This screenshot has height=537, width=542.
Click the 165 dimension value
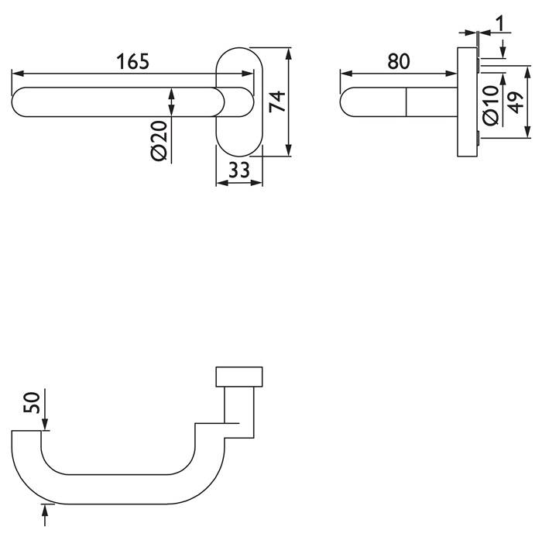click(132, 60)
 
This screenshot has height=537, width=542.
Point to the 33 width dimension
click(239, 170)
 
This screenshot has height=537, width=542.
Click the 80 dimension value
click(397, 60)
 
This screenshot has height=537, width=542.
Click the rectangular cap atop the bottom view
click(240, 377)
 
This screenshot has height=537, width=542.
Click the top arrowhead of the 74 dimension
click(289, 53)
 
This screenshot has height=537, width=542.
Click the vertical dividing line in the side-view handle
click(406, 102)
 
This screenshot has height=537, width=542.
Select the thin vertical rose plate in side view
click(468, 102)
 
